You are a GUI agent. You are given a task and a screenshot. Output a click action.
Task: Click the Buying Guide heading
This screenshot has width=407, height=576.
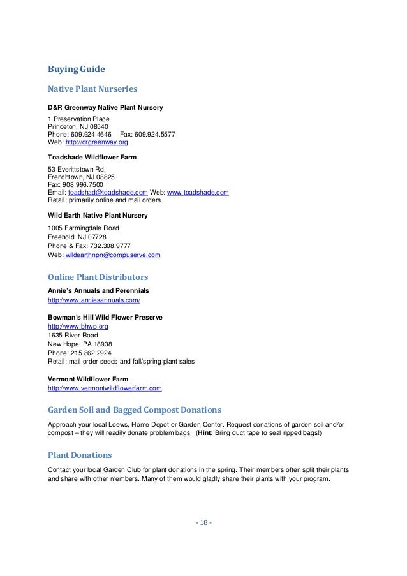pos(77,68)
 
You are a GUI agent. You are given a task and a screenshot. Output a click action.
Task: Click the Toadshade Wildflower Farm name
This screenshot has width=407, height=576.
pos(92,157)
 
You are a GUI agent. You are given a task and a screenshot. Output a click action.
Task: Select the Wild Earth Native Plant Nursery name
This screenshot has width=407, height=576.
pos(98,216)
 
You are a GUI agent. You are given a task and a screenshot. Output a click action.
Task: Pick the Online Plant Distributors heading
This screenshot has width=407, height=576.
pos(98,277)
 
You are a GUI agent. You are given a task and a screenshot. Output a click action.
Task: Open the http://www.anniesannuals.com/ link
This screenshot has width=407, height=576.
pos(94,300)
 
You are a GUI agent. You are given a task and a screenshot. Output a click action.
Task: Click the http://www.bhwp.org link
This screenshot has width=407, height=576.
pos(73,326)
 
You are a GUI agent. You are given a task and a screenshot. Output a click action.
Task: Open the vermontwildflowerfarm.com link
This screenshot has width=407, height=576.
pos(105,388)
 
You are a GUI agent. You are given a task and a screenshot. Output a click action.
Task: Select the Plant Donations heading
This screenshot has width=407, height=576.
pos(80,455)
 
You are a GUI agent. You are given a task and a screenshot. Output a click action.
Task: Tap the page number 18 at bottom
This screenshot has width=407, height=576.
pos(204,523)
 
